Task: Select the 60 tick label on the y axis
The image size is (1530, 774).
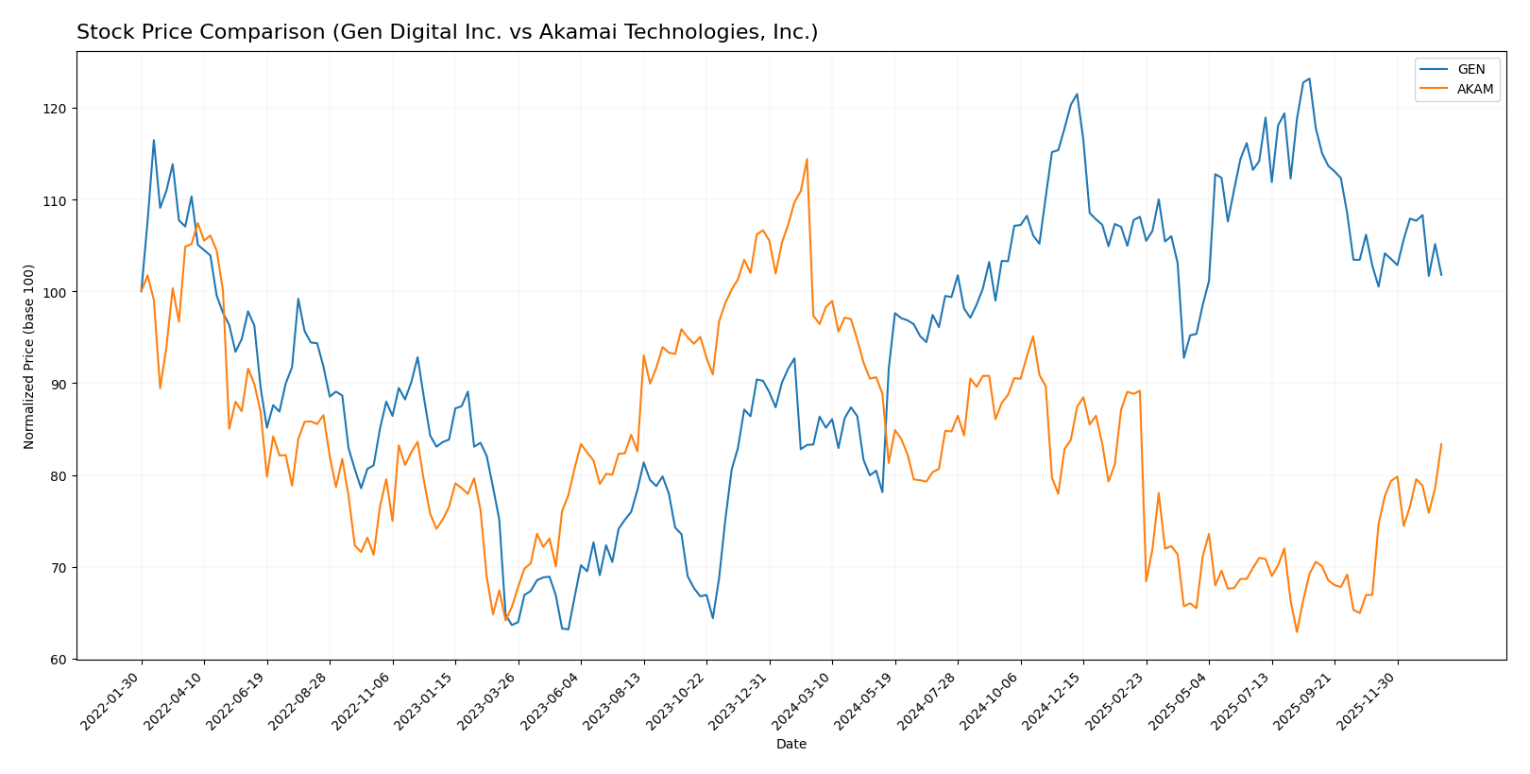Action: click(59, 660)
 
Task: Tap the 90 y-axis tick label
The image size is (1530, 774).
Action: click(59, 384)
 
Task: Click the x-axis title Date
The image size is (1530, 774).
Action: click(790, 745)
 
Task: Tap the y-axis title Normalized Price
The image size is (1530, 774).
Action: click(29, 356)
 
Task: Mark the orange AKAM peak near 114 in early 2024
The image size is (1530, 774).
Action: click(807, 159)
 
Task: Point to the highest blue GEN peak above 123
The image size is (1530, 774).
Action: click(1309, 78)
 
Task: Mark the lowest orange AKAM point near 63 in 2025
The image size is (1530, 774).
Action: click(1297, 632)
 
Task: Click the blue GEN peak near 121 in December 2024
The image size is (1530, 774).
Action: click(1077, 94)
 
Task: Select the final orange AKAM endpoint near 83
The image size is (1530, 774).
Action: click(1440, 444)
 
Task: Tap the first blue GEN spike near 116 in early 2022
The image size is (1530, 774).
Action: click(154, 141)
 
